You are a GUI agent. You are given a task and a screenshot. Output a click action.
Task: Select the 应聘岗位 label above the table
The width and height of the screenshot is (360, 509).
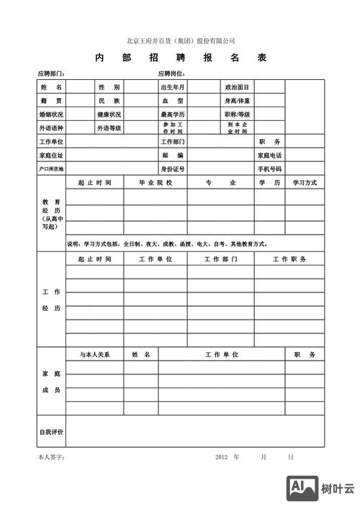(x=171, y=74)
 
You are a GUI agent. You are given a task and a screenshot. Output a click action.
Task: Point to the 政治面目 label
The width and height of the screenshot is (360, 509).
(x=237, y=87)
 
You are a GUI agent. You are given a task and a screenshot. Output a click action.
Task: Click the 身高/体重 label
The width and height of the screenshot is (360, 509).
(x=237, y=101)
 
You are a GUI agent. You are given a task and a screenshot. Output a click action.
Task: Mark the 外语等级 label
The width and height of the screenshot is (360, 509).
(x=109, y=128)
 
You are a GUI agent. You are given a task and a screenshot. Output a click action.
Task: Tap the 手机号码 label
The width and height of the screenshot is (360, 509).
(x=269, y=168)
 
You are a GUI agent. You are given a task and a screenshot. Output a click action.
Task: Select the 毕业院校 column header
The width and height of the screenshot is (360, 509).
(x=156, y=183)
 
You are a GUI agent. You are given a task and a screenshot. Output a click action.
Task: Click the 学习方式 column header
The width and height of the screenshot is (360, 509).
(x=305, y=183)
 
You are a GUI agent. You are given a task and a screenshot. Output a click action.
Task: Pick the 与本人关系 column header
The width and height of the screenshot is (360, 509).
(x=95, y=355)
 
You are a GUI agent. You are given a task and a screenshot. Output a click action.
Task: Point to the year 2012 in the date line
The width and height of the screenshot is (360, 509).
(x=222, y=457)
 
